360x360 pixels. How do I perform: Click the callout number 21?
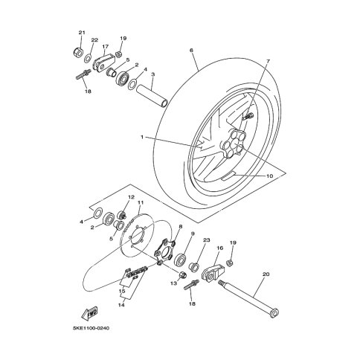pyautogui.click(x=82, y=33)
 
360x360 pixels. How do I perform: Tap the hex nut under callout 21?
pyautogui.click(x=77, y=52)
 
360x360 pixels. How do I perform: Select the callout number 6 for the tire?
pyautogui.click(x=191, y=51)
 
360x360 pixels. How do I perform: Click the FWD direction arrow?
pyautogui.click(x=89, y=313)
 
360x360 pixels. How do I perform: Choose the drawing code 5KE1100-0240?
pyautogui.click(x=91, y=329)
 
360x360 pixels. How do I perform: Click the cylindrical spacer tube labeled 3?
pyautogui.click(x=152, y=96)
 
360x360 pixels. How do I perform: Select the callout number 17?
pyautogui.click(x=105, y=46)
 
